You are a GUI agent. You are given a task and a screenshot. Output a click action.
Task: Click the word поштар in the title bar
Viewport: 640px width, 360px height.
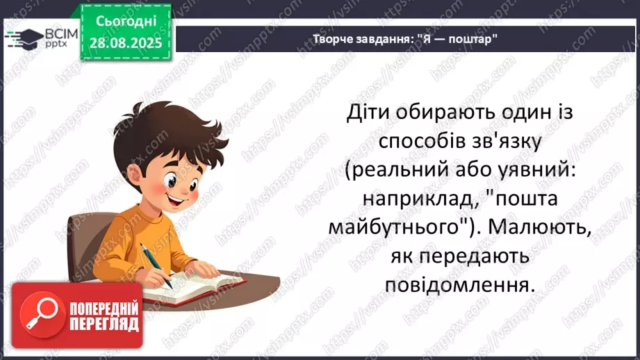click(473, 39)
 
